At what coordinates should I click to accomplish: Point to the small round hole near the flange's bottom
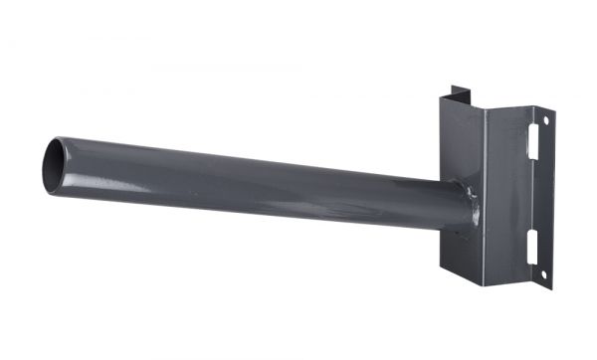(x=543, y=272)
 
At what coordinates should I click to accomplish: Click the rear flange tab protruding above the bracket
(x=458, y=92)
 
